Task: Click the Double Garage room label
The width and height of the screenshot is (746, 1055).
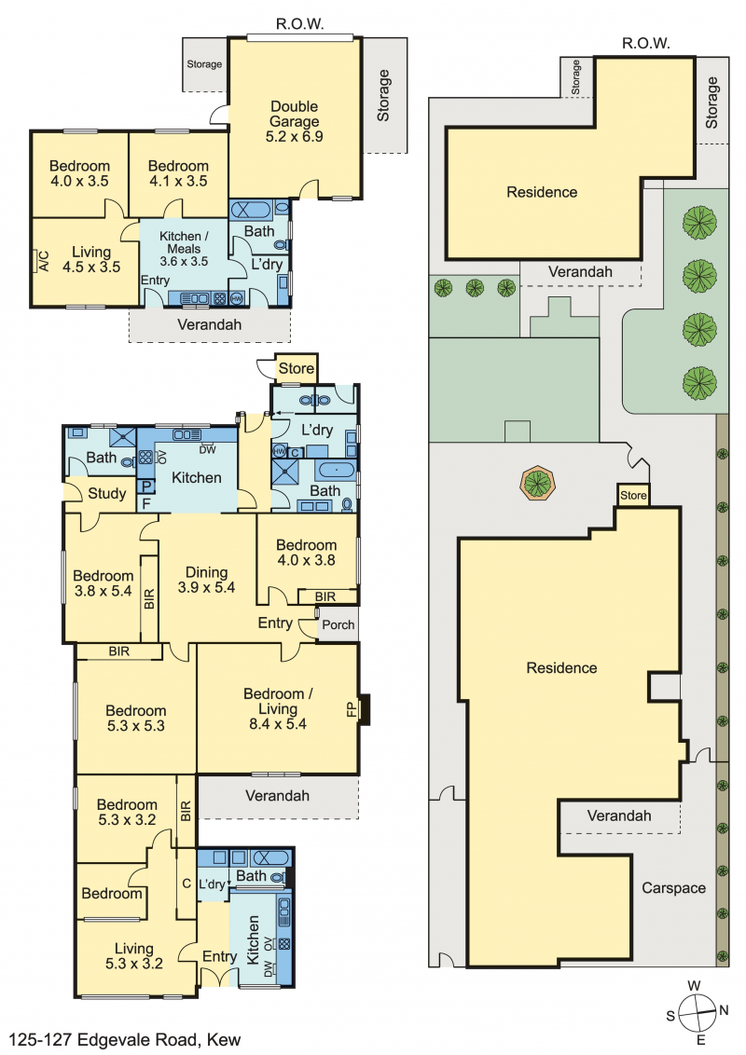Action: pyautogui.click(x=295, y=121)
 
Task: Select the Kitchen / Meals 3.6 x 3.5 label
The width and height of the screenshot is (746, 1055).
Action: pyautogui.click(x=184, y=249)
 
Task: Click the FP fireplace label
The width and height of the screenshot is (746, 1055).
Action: pyautogui.click(x=351, y=709)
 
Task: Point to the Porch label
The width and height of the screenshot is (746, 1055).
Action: pyautogui.click(x=338, y=624)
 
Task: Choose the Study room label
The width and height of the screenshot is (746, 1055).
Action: pyautogui.click(x=107, y=493)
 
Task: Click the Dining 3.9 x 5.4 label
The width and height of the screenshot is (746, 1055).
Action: pyautogui.click(x=207, y=580)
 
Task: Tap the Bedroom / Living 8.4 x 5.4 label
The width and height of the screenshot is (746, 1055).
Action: pyautogui.click(x=277, y=708)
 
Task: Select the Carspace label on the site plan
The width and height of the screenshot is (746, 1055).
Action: pyautogui.click(x=673, y=888)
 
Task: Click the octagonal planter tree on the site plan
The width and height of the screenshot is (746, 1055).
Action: pyautogui.click(x=536, y=483)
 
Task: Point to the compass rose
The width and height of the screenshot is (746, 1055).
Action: pyautogui.click(x=697, y=1013)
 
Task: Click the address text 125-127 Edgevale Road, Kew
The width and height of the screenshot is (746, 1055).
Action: pyautogui.click(x=125, y=1039)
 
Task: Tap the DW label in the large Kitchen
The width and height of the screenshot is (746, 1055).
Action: pyautogui.click(x=207, y=449)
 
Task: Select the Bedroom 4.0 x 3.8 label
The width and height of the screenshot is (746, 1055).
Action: pyautogui.click(x=307, y=553)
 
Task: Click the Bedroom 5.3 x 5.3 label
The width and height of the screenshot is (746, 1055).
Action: pyautogui.click(x=136, y=718)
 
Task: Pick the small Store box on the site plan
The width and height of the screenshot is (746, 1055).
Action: pyautogui.click(x=633, y=495)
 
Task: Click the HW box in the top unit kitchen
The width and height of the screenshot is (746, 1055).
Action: pyautogui.click(x=237, y=298)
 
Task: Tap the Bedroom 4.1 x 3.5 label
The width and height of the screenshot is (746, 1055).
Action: pyautogui.click(x=178, y=173)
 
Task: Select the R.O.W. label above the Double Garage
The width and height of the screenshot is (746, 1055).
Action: pyautogui.click(x=299, y=24)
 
